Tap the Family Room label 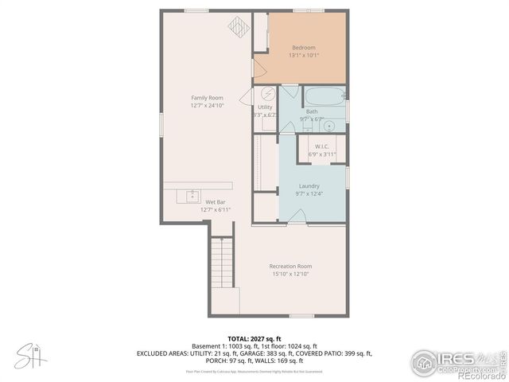tap(206, 97)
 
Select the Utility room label tap(265, 107)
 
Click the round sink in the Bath tap(329, 125)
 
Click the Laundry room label tap(309, 185)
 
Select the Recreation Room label tap(290, 266)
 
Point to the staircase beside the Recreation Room tap(223, 263)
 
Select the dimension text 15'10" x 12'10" tap(290, 274)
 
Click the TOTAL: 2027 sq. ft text tap(254, 338)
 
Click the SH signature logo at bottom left tap(29, 356)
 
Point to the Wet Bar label tap(215, 202)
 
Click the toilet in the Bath tap(307, 127)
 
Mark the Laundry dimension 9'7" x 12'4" tap(309, 193)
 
